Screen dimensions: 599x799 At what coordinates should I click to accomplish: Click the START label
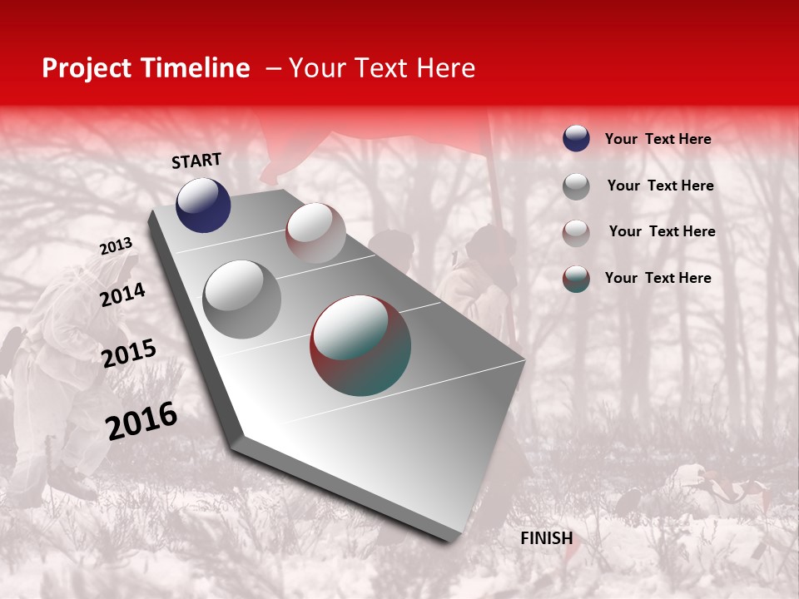(x=196, y=161)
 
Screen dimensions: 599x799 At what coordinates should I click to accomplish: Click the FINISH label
(x=546, y=538)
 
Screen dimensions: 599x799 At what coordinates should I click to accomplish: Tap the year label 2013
(x=116, y=246)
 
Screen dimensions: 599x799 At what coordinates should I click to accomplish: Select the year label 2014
(x=122, y=295)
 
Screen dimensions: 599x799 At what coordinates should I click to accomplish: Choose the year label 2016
(x=141, y=421)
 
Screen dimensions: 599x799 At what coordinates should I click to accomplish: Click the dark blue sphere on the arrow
(x=203, y=205)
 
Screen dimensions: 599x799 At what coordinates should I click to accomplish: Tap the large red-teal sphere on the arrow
(x=360, y=345)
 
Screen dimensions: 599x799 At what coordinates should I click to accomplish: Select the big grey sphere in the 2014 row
(x=242, y=299)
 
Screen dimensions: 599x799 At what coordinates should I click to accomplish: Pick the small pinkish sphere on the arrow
(x=315, y=233)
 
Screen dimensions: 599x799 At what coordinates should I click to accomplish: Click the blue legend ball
(x=576, y=138)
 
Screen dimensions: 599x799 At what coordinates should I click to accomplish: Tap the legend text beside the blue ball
(x=658, y=139)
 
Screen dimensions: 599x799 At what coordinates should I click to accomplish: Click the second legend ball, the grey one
(x=576, y=186)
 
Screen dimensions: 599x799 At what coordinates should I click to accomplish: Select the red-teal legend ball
(x=576, y=279)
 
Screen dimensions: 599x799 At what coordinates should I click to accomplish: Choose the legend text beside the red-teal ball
(x=658, y=278)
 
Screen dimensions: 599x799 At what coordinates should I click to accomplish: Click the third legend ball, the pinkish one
(x=576, y=233)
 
